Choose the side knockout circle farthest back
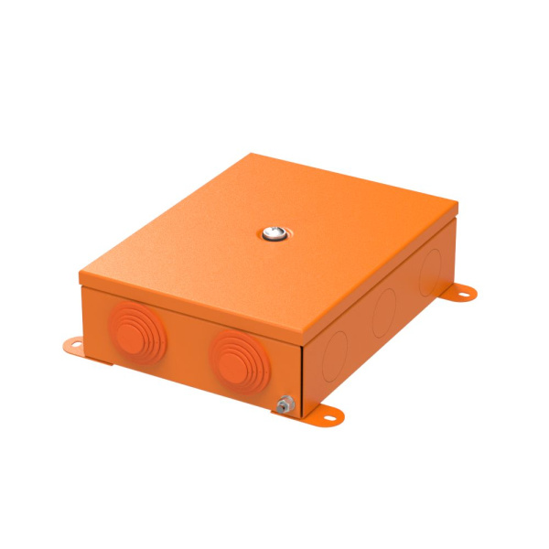tap(430, 269)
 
